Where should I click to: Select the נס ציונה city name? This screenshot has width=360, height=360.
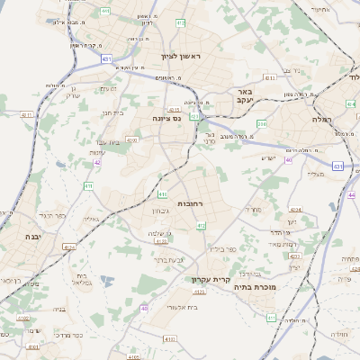click(166, 117)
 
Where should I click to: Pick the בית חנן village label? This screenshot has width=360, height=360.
click(112, 112)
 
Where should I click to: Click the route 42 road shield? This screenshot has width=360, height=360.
click(97, 163)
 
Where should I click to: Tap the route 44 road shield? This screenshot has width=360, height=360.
click(353, 195)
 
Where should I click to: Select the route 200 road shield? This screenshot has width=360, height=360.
click(261, 123)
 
